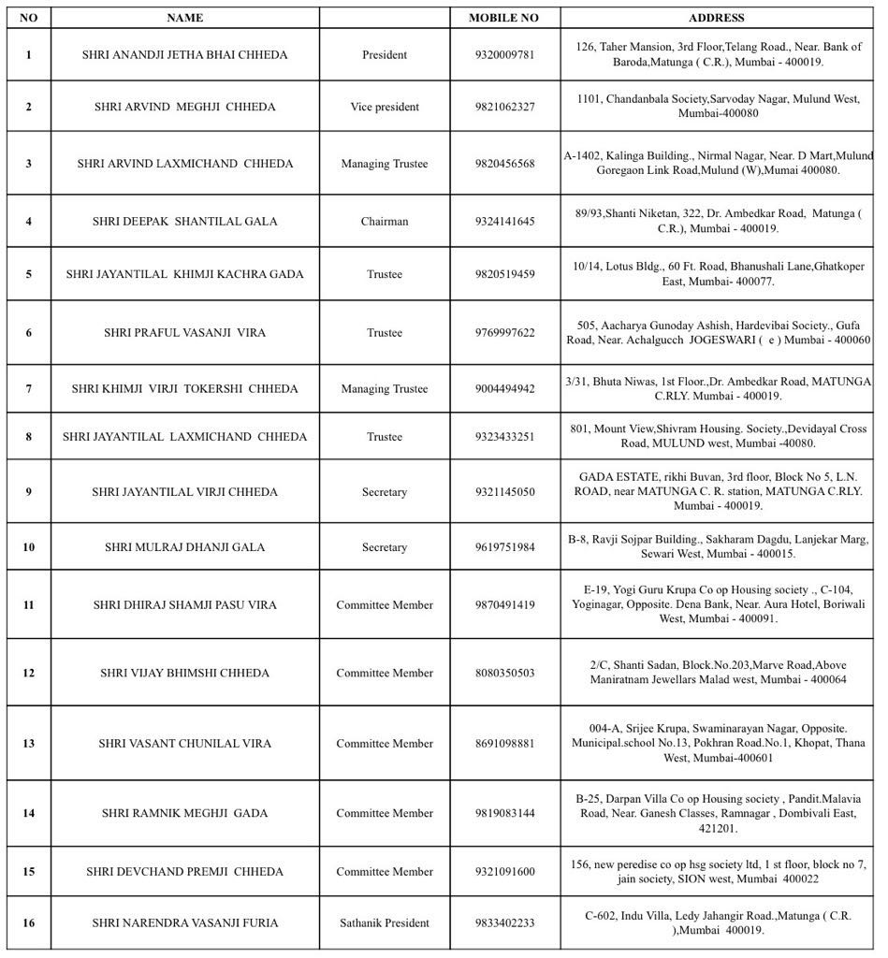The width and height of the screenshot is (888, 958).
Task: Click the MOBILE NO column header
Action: click(503, 18)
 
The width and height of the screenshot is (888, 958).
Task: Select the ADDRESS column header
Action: click(717, 18)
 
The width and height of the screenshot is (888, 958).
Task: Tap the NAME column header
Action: click(184, 18)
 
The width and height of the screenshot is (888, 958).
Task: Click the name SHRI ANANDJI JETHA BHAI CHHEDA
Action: click(184, 55)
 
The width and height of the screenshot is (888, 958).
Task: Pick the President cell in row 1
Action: click(385, 55)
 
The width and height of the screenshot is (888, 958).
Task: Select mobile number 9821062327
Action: click(504, 107)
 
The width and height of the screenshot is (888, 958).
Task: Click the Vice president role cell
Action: click(385, 107)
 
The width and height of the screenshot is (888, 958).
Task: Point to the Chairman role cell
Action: click(385, 222)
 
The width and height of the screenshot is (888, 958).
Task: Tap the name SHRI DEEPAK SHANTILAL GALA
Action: click(184, 222)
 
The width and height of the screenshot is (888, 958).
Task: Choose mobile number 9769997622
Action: click(504, 333)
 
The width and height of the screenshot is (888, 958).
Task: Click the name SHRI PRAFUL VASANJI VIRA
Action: click(184, 333)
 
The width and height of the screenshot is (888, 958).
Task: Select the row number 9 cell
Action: click(28, 492)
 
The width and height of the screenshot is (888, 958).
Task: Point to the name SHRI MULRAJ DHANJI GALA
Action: click(184, 547)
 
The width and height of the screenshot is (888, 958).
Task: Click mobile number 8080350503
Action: click(504, 674)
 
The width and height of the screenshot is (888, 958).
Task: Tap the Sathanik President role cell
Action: click(385, 923)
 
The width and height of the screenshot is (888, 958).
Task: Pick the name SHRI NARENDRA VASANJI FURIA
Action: click(184, 923)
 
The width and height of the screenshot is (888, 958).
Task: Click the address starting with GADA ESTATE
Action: click(718, 491)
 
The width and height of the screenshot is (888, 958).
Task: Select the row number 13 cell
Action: click(28, 744)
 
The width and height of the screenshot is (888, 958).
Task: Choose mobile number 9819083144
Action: click(504, 813)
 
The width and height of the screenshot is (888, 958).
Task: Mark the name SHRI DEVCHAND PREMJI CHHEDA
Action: click(184, 872)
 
